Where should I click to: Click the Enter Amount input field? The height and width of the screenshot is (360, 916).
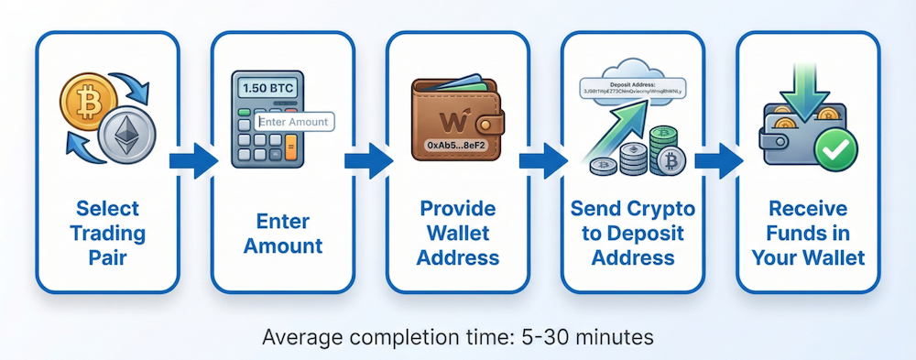(x=292, y=121)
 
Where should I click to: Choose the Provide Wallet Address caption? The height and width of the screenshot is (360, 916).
(x=458, y=233)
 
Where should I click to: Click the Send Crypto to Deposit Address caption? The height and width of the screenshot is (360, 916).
(x=634, y=233)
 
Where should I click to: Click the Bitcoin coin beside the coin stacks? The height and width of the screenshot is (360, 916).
(x=671, y=164)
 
